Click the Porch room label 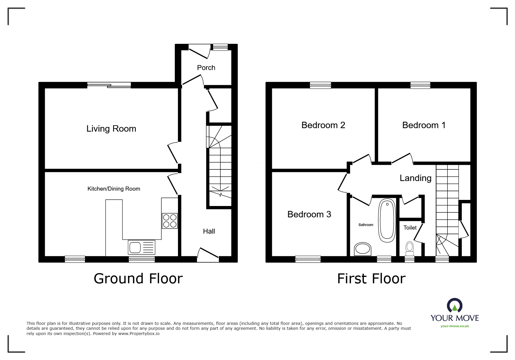pyautogui.click(x=206, y=68)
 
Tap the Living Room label pyautogui.click(x=111, y=129)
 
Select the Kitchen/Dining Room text pyautogui.click(x=114, y=189)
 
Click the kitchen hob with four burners pyautogui.click(x=170, y=221)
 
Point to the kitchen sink pyautogui.click(x=141, y=247)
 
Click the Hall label pyautogui.click(x=209, y=231)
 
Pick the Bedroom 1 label pyautogui.click(x=424, y=125)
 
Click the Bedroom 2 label pyautogui.click(x=323, y=125)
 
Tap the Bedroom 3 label pyautogui.click(x=309, y=214)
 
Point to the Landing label pyautogui.click(x=416, y=178)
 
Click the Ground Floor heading pyautogui.click(x=138, y=279)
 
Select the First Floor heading pyautogui.click(x=371, y=279)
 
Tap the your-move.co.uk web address pyautogui.click(x=455, y=326)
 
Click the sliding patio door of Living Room pyautogui.click(x=109, y=85)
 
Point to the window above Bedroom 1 pyautogui.click(x=420, y=85)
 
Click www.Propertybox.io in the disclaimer pyautogui.click(x=139, y=334)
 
